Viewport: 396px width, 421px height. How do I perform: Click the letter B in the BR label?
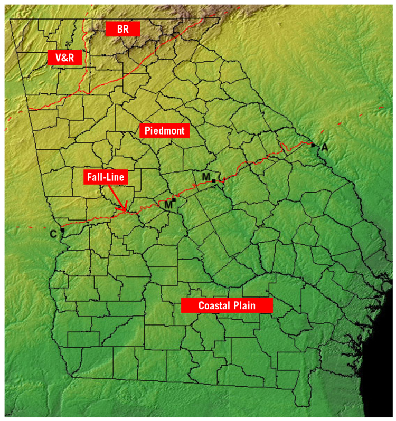click(119, 29)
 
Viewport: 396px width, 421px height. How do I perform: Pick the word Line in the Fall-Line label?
click(116, 177)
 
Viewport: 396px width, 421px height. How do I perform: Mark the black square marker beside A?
click(313, 145)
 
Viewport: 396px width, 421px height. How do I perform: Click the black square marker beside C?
click(62, 230)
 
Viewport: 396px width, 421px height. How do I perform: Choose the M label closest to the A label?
click(206, 176)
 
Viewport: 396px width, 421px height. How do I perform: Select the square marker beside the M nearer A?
click(213, 181)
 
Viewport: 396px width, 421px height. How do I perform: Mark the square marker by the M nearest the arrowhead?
click(173, 200)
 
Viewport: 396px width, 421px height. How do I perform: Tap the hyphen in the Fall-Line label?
click(106, 178)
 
